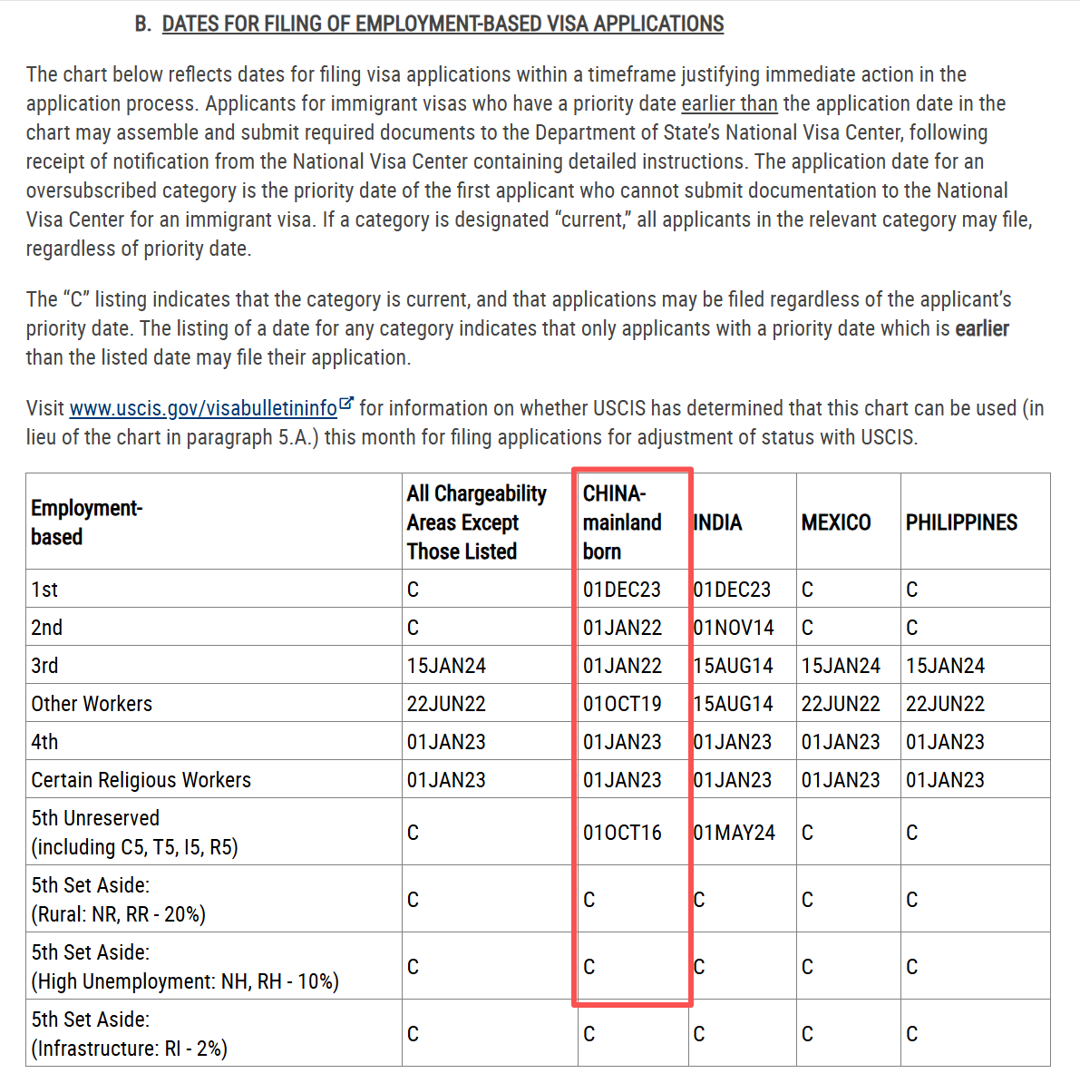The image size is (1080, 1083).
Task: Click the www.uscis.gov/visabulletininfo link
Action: [x=203, y=408]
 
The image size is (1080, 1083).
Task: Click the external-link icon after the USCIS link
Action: [x=345, y=404]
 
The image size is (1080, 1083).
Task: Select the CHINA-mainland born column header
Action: [x=622, y=522]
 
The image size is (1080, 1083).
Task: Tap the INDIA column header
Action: [x=718, y=522]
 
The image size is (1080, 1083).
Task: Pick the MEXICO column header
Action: [x=836, y=522]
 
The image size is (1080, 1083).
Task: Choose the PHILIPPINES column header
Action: [x=961, y=522]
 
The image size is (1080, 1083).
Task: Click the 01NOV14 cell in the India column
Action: [x=734, y=628]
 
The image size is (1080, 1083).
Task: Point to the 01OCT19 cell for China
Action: [x=622, y=704]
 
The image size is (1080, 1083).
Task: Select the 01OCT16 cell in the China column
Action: [x=622, y=833]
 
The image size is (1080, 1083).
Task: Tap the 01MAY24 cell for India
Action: [x=735, y=833]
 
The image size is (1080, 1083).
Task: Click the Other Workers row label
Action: [x=92, y=704]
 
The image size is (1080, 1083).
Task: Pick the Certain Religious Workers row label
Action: [x=141, y=780]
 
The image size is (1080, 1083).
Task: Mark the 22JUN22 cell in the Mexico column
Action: [x=841, y=704]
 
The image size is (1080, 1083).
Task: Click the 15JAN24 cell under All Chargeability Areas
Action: [x=446, y=666]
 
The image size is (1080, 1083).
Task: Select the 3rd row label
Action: [x=44, y=666]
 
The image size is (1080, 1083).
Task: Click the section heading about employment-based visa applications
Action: [x=443, y=24]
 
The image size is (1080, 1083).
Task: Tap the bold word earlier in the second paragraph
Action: [x=982, y=328]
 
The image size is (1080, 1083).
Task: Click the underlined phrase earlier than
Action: [x=729, y=103]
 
